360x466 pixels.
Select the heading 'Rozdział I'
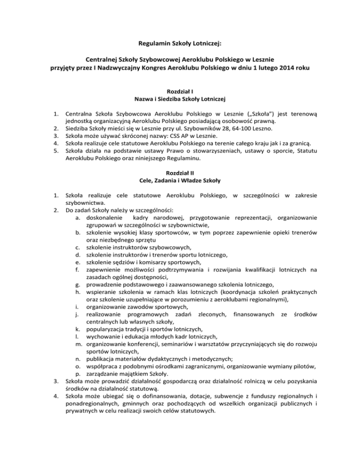click(x=180, y=91)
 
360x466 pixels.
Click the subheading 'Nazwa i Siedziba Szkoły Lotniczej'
click(x=180, y=99)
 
